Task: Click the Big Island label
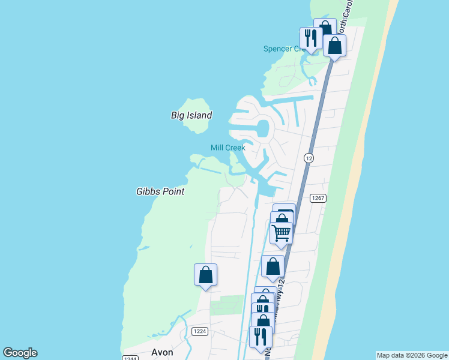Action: [x=191, y=115]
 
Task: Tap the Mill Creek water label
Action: [x=228, y=148]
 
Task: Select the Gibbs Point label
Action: [x=160, y=191]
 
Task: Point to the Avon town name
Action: [x=162, y=353]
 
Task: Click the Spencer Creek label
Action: [x=285, y=49]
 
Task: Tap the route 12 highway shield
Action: [x=309, y=158]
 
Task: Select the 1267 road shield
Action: [x=318, y=198]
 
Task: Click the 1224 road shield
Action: [x=200, y=331]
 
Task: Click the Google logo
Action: [x=20, y=353]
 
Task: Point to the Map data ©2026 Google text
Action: [x=411, y=355]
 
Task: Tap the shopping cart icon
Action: [x=281, y=232]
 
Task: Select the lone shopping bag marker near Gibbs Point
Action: [x=205, y=275]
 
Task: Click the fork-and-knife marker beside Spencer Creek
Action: [x=310, y=38]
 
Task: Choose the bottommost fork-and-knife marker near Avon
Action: [x=260, y=336]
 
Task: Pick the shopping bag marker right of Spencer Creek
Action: [x=334, y=45]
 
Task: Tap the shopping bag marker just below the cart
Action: [x=273, y=266]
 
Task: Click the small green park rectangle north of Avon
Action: [x=223, y=305]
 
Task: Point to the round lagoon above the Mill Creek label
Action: [x=262, y=128]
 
